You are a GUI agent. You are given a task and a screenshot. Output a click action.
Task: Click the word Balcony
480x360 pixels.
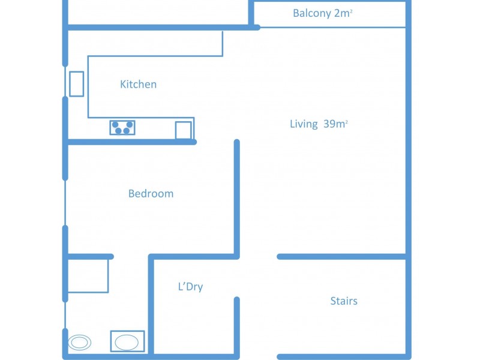(311, 13)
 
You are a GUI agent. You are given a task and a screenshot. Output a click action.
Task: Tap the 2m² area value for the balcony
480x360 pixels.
(342, 13)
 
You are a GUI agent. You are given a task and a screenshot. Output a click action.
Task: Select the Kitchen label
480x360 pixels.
(138, 85)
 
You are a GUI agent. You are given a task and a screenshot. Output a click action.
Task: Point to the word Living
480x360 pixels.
(304, 124)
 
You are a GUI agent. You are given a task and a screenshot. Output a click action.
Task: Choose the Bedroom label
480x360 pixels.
(151, 194)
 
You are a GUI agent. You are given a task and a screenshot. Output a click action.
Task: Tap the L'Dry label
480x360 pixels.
(190, 287)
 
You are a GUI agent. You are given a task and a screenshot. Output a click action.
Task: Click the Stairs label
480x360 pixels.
(344, 301)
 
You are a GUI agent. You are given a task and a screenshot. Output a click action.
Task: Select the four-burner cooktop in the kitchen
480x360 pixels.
(122, 127)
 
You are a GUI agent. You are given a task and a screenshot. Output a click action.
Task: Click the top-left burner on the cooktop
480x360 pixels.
(115, 124)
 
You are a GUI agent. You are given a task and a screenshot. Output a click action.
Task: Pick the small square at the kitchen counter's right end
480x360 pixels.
(184, 130)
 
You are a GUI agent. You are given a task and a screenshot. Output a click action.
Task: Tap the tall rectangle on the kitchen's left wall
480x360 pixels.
(76, 84)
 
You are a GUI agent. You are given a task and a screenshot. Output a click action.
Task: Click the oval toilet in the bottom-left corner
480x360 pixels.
(79, 343)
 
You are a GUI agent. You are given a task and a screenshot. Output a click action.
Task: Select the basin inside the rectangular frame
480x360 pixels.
(127, 342)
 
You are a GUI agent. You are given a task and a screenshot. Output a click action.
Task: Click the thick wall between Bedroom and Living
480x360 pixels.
(237, 198)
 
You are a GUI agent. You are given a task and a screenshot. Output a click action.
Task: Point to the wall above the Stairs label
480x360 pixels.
(342, 257)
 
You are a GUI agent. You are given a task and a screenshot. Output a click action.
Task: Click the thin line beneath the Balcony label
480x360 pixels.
(330, 27)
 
